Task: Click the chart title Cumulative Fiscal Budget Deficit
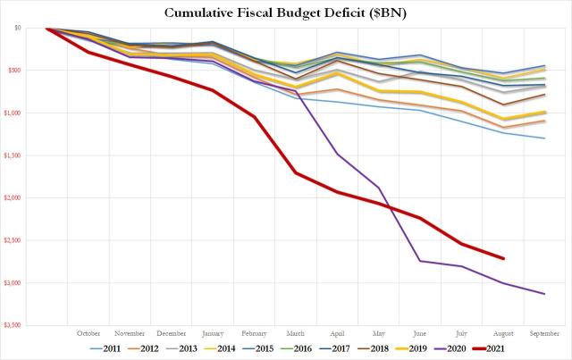click(x=286, y=12)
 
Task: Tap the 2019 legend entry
click(x=408, y=348)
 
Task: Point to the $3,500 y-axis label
click(x=12, y=325)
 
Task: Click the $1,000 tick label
click(x=12, y=113)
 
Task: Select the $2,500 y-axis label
click(x=12, y=240)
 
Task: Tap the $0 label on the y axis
click(x=17, y=29)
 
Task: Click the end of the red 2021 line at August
click(x=503, y=258)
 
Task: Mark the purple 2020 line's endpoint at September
click(x=544, y=294)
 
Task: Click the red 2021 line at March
click(x=296, y=172)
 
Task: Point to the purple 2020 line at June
click(x=420, y=261)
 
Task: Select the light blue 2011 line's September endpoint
click(x=544, y=138)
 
